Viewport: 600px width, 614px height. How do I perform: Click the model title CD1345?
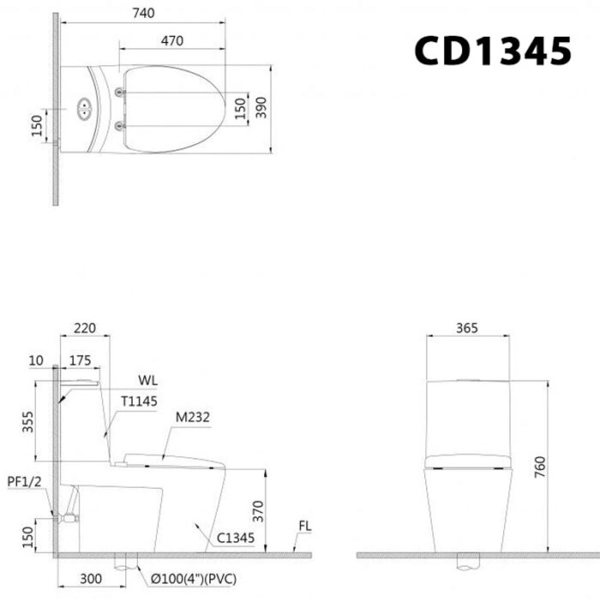tap(492, 51)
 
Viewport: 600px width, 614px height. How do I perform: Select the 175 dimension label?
tap(81, 361)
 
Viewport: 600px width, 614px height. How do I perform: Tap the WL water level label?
tap(147, 379)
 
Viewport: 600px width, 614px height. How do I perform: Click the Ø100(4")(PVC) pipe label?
tap(194, 580)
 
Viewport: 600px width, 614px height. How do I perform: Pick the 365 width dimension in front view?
tap(467, 328)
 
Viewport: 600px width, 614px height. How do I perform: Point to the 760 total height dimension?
tap(540, 466)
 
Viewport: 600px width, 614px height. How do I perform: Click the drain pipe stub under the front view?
tap(467, 564)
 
